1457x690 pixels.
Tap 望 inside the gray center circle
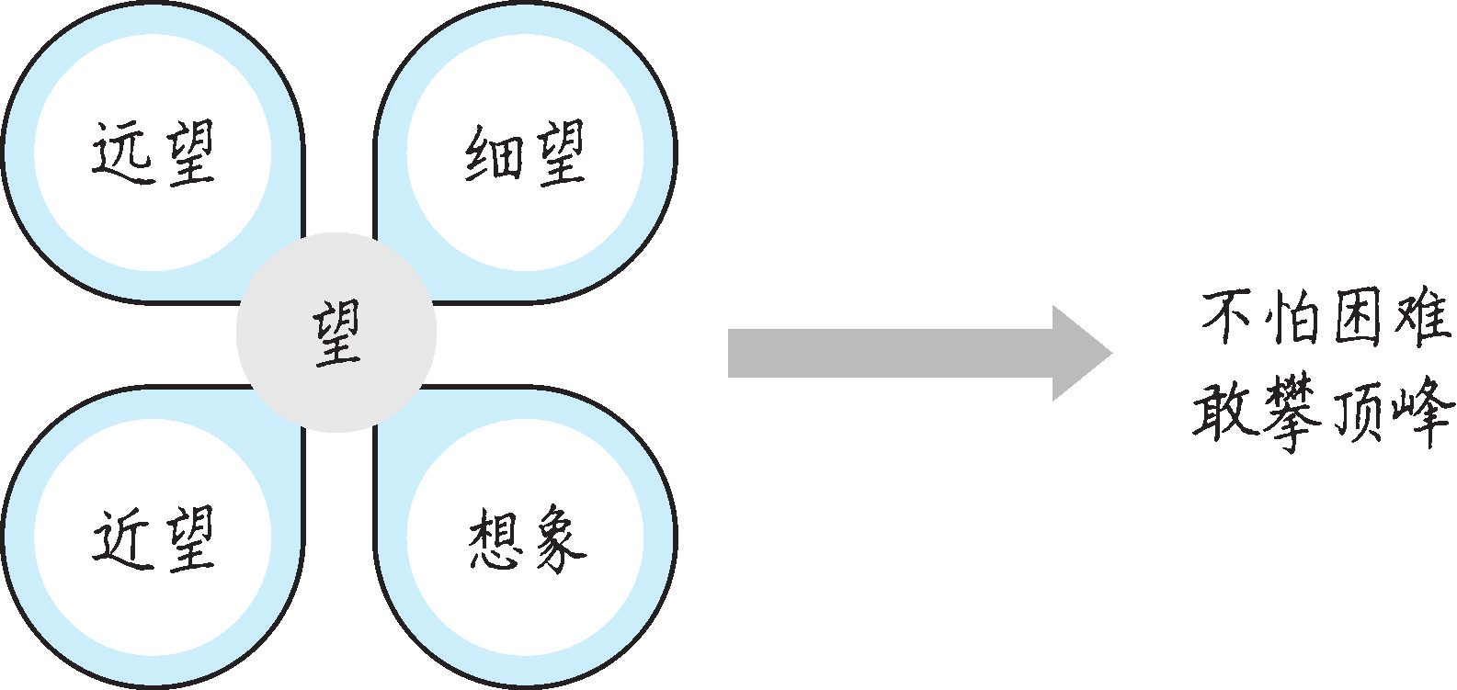click(x=336, y=333)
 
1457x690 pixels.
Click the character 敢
click(x=1226, y=411)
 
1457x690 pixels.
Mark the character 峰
click(x=1423, y=413)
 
